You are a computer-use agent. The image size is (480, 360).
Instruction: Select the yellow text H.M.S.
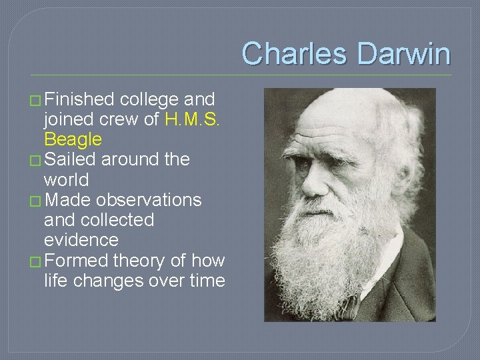click(193, 120)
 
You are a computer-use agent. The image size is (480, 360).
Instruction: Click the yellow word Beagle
click(73, 140)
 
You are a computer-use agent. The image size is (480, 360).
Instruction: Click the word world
click(66, 180)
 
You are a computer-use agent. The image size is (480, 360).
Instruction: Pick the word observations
click(149, 200)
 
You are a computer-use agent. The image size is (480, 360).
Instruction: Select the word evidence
click(81, 240)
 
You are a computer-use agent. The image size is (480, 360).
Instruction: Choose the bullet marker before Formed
click(35, 261)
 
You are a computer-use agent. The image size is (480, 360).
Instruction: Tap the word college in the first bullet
click(149, 100)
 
